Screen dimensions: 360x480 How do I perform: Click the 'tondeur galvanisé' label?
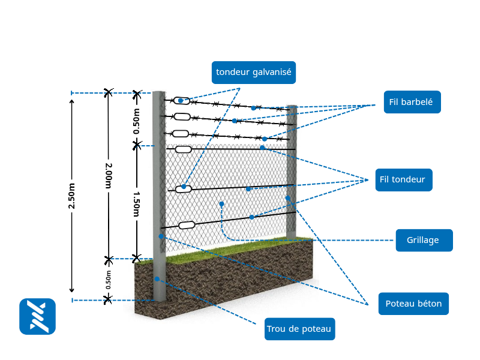(x=253, y=72)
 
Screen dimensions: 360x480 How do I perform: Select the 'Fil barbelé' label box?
(x=411, y=102)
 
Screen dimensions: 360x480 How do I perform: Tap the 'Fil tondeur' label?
(x=403, y=179)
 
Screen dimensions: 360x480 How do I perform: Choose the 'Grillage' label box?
(x=423, y=240)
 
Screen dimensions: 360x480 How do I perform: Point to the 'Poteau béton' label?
(x=413, y=304)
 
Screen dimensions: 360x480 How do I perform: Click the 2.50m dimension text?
(x=72, y=196)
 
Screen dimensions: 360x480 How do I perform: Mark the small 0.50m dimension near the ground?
(x=109, y=280)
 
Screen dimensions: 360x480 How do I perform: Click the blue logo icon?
(x=37, y=316)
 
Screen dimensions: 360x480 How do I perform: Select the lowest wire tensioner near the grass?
(x=187, y=225)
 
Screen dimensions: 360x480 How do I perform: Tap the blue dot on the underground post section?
(x=157, y=278)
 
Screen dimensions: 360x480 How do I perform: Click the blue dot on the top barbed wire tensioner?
(x=181, y=101)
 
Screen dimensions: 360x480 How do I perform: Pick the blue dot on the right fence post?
(x=288, y=198)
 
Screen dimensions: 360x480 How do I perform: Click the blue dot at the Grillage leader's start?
(x=221, y=204)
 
